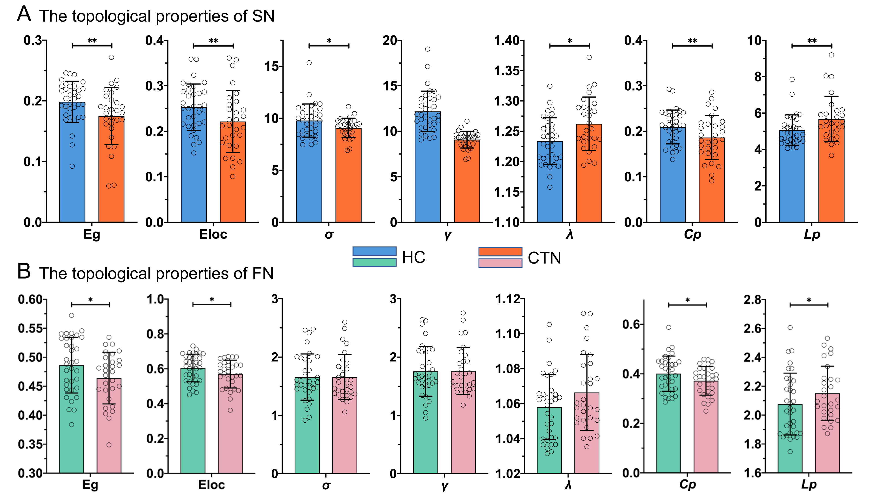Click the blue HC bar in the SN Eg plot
pyautogui.click(x=72, y=179)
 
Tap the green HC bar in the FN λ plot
pyautogui.click(x=549, y=446)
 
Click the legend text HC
pyautogui.click(x=414, y=257)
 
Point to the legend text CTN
pyautogui.click(x=544, y=258)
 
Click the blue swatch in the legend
pyautogui.click(x=375, y=251)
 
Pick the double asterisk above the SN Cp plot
pyautogui.click(x=692, y=41)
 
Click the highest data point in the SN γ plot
pyautogui.click(x=428, y=49)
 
